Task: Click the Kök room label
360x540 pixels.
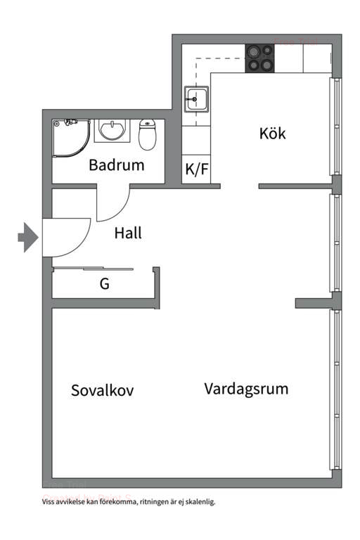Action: coord(272,133)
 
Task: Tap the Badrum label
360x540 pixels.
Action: coord(116,166)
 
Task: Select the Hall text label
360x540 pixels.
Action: coord(128,233)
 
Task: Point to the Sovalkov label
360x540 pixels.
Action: coord(103,391)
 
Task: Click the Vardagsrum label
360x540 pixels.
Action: coord(246,388)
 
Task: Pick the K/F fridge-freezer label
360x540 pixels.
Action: coord(196,169)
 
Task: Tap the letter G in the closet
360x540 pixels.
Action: coord(104,285)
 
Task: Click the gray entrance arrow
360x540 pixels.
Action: coord(27,237)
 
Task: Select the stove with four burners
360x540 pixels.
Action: coord(259,58)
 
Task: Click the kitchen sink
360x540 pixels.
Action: coord(195,100)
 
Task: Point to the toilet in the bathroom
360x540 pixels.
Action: coord(147,134)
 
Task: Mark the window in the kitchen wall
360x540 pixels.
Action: coord(335,127)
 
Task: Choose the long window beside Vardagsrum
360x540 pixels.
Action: coord(336,390)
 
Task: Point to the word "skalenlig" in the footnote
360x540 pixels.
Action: coord(200,502)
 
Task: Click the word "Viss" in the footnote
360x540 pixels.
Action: coord(49,502)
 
